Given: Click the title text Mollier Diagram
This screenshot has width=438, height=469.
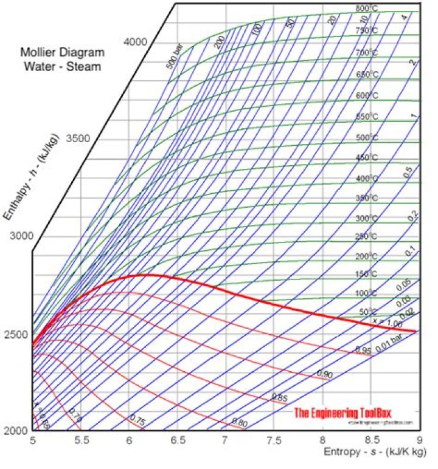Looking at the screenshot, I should (x=62, y=52).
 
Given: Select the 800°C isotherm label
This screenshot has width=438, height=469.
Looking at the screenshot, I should (x=366, y=9).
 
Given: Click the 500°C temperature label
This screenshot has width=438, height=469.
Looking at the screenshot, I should (x=366, y=137).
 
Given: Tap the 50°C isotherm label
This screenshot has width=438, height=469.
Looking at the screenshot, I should (x=368, y=312).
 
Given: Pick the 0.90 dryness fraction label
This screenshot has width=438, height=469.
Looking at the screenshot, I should (x=324, y=374).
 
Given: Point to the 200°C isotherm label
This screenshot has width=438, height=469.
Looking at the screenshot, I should (x=366, y=256).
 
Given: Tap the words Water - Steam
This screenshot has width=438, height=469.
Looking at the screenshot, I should (x=62, y=66).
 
